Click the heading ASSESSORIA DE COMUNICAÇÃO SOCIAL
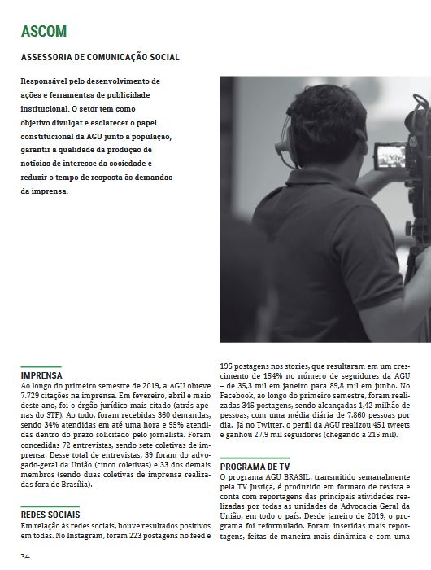tap(100, 58)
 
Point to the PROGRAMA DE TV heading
tap(255, 463)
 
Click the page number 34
tap(25, 557)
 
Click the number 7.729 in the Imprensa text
tap(34, 396)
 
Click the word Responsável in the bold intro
tap(48, 81)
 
